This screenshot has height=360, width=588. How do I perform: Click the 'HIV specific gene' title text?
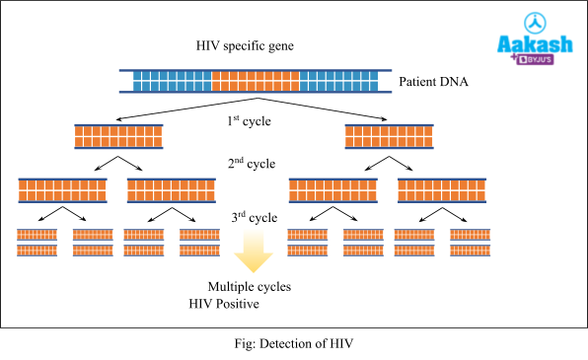coord(245,47)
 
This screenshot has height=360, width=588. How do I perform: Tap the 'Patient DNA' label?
coord(433,81)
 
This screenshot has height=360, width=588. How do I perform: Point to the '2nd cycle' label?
coord(251,164)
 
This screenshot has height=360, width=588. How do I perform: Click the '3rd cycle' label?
coord(251,217)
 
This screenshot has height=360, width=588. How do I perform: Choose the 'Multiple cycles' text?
coord(249,287)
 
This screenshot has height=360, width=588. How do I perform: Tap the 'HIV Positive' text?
coord(224,304)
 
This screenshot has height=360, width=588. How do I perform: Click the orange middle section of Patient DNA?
coord(256,81)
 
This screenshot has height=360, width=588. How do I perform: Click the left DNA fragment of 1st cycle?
coord(119,136)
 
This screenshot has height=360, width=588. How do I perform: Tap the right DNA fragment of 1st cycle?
coord(388,136)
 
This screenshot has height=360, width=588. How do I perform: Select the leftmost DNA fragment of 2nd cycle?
coord(62,190)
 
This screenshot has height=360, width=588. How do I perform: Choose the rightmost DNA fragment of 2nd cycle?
coord(441,190)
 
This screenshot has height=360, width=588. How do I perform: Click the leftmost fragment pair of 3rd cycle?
coord(37,243)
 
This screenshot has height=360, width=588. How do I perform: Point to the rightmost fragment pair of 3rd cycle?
coord(471,243)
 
